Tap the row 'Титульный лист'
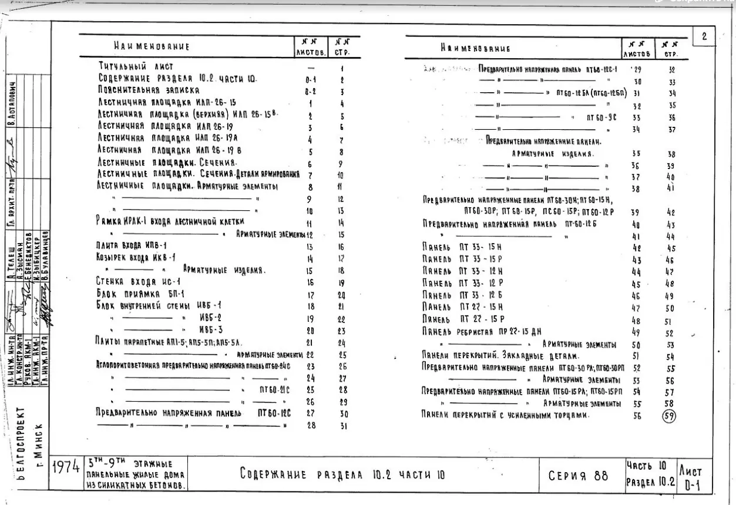136,68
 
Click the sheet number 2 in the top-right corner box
704,36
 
